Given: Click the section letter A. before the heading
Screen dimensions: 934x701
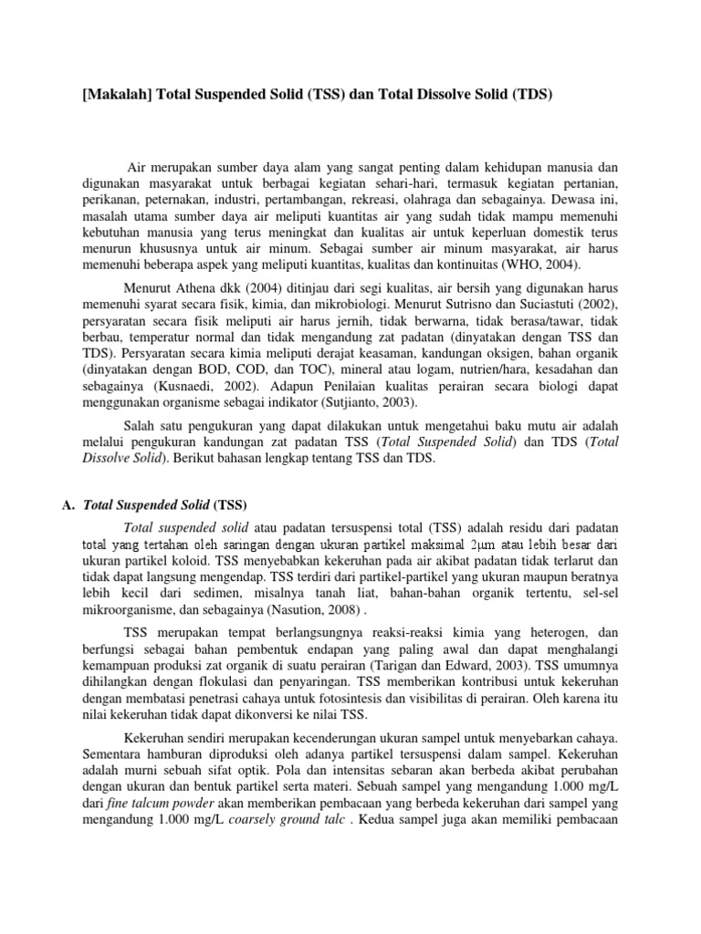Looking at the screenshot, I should point(69,505).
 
